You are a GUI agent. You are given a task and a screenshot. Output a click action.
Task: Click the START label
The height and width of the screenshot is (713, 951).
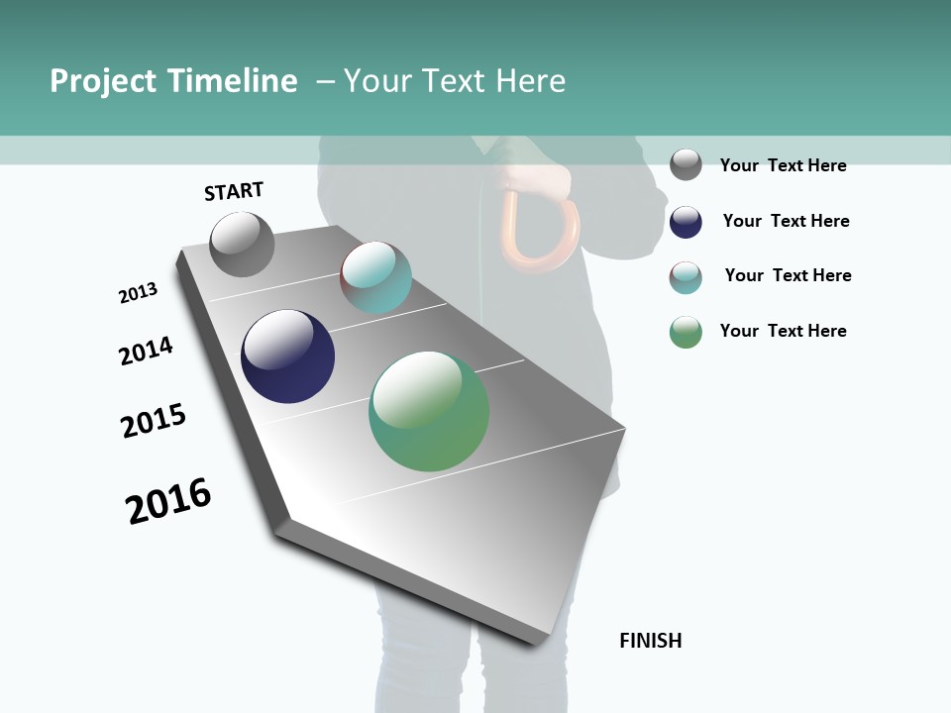click(x=234, y=191)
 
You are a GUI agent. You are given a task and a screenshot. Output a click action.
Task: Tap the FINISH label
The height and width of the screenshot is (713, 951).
click(x=650, y=641)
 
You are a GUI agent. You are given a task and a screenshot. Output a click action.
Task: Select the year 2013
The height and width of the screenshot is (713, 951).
click(x=138, y=293)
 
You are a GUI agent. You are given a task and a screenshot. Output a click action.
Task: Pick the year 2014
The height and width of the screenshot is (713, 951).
click(x=146, y=351)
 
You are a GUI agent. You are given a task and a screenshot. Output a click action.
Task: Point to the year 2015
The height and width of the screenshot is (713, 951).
click(x=154, y=421)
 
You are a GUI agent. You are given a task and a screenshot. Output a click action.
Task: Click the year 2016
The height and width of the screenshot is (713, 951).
click(x=168, y=501)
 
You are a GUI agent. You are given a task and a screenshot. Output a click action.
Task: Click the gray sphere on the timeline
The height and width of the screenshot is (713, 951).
click(x=242, y=244)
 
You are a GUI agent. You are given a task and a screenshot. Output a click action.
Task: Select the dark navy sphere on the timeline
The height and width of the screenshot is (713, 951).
click(x=287, y=356)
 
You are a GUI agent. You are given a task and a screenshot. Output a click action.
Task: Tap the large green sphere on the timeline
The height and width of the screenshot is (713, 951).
click(x=429, y=411)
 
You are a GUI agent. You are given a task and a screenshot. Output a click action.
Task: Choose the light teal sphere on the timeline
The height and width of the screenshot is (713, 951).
click(x=375, y=277)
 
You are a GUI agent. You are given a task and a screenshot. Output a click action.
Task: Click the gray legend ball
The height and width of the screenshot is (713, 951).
click(x=686, y=164)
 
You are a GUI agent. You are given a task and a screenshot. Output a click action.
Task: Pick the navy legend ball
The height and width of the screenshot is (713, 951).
click(x=686, y=222)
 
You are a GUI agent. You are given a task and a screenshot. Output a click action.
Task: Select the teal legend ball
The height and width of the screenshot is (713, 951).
click(x=686, y=277)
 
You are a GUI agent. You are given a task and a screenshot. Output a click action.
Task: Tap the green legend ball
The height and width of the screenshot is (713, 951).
click(x=686, y=332)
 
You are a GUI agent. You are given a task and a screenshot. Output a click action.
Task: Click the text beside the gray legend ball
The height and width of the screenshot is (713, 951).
click(x=783, y=165)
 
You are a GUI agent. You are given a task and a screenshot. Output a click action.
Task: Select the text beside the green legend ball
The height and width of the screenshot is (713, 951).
click(x=783, y=331)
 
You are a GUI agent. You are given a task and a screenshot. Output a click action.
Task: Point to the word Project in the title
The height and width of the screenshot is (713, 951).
click(x=103, y=81)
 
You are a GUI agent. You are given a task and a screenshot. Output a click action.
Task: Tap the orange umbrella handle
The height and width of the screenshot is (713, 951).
click(x=540, y=233)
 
